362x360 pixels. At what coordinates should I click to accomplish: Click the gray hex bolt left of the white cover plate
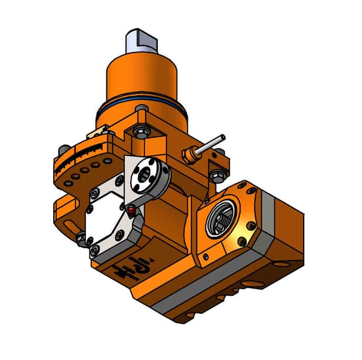pos(81,240)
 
